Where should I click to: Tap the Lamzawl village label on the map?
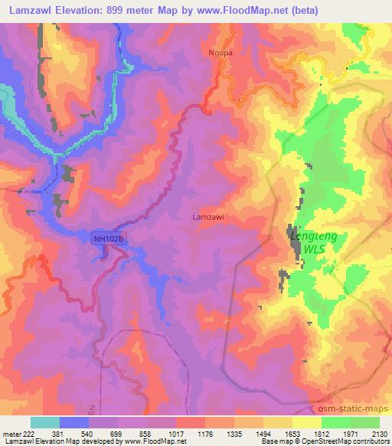click(207, 217)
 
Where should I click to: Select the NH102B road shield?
click(107, 239)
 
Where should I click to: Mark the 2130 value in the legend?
click(377, 433)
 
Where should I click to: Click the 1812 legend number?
click(321, 433)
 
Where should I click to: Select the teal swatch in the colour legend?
click(45, 422)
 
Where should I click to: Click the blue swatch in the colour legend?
click(73, 422)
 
